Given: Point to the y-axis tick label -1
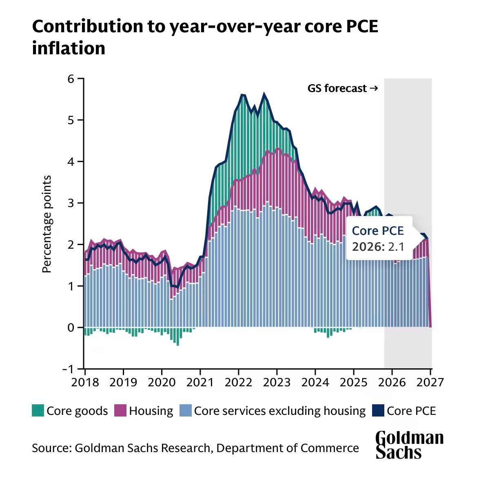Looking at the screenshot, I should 68,369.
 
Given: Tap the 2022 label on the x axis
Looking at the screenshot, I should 239,382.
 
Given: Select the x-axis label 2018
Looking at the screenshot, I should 85,382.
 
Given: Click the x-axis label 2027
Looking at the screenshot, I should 430,382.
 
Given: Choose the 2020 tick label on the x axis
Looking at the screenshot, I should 162,382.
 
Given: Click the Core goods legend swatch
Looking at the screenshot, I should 38,410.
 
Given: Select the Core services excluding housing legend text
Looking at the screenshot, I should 279,410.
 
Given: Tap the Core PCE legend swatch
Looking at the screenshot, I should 378,410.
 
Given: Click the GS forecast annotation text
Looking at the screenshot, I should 337,88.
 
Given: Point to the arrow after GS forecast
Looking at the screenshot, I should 373,88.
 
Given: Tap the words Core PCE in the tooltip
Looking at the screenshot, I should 378,231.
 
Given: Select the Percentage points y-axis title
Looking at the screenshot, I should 47,224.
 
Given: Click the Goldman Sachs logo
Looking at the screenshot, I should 409,444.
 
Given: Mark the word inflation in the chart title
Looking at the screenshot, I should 69,48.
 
